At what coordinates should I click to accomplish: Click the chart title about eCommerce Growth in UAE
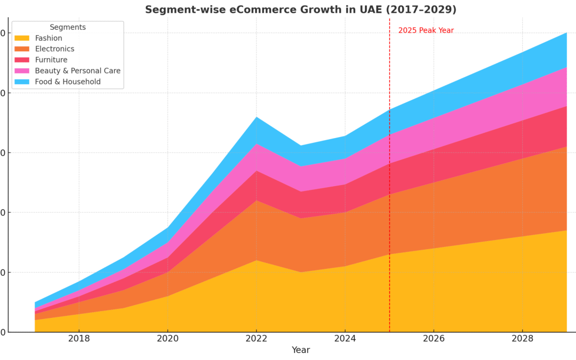300,10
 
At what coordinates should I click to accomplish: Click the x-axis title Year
300,350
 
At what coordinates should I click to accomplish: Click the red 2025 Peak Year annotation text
426,30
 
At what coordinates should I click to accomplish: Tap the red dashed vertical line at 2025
389,213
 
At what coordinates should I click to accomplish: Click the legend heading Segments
68,27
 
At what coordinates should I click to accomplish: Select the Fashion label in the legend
49,38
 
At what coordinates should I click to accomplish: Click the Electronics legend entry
54,49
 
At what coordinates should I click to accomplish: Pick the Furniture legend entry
51,60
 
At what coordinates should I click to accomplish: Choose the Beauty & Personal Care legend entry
77,71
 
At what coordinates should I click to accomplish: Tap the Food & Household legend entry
68,82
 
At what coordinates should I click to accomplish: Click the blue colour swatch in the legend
22,82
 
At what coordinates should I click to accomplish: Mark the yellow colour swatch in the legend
22,38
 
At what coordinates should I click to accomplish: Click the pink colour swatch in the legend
22,71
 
